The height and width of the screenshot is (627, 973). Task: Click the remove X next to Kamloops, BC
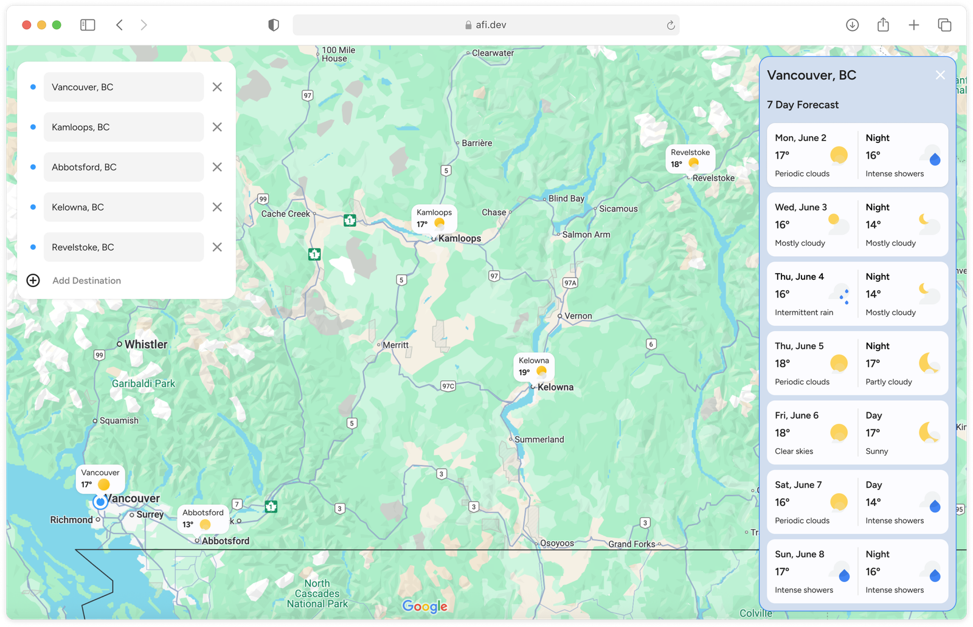click(217, 127)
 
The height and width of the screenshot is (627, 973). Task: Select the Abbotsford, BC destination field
click(123, 167)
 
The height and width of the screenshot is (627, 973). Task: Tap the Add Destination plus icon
click(33, 280)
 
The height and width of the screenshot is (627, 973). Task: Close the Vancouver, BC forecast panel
click(940, 75)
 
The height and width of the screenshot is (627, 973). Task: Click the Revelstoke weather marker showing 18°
click(690, 159)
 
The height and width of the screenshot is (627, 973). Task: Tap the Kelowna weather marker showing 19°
click(533, 367)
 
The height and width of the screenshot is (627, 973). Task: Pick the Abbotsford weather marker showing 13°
click(203, 519)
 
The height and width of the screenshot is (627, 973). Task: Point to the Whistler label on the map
click(146, 344)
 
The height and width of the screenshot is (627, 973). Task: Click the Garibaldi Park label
click(144, 384)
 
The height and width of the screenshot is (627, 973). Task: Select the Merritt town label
click(396, 345)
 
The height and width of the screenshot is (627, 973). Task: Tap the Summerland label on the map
click(539, 440)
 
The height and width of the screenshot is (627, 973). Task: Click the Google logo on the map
click(425, 606)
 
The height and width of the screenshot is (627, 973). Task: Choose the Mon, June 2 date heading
click(800, 138)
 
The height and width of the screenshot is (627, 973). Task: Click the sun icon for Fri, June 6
click(839, 432)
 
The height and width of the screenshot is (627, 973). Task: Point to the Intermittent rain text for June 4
click(804, 313)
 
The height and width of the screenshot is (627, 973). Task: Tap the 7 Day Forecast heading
click(803, 105)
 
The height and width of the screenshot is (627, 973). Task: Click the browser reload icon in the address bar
click(671, 25)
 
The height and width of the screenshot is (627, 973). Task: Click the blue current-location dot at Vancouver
click(100, 502)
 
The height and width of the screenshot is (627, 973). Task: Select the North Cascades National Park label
click(317, 594)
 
